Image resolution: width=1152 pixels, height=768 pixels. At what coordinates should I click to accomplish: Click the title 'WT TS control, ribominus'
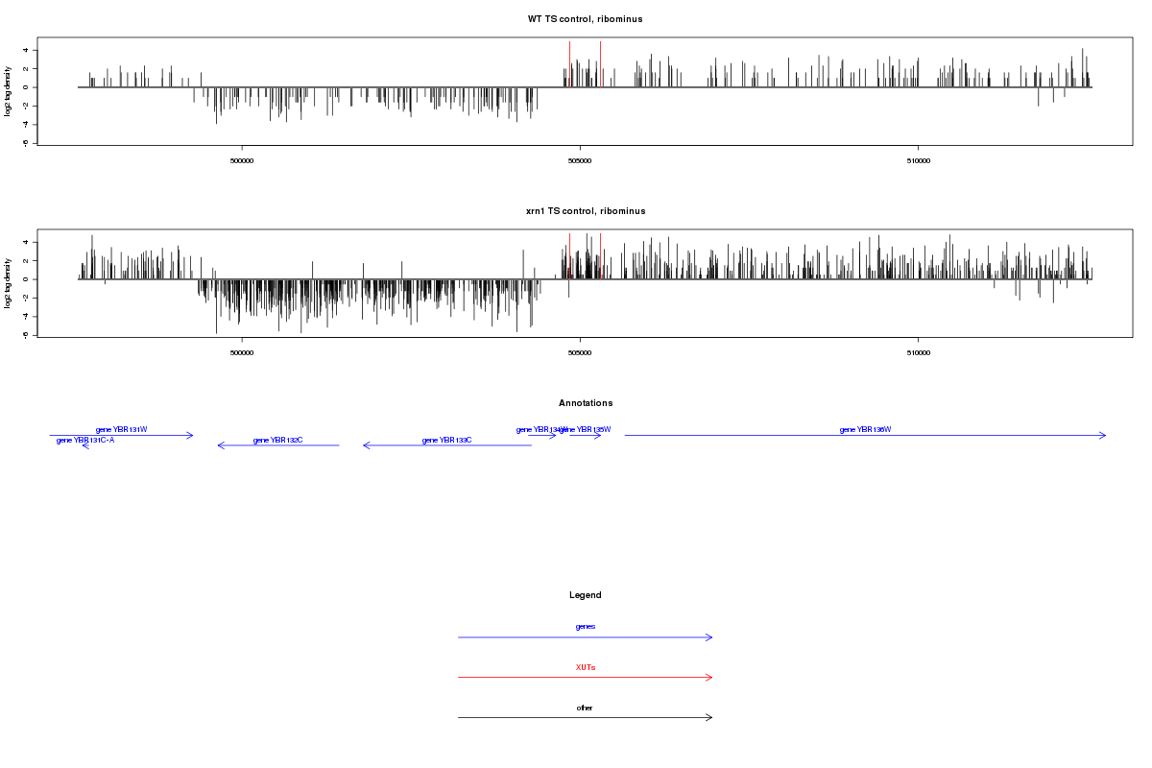point(585,19)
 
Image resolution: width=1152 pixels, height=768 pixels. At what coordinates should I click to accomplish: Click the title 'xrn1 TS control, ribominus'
point(585,211)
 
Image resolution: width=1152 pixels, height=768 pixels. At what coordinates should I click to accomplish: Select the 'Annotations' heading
point(586,403)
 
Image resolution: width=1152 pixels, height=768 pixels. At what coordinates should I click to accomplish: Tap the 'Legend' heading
point(586,595)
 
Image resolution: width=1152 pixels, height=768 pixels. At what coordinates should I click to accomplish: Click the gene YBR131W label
point(122,429)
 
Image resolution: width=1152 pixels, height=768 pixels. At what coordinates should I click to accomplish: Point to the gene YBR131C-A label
point(85,441)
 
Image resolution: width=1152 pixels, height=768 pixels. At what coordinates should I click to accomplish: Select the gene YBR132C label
point(278,440)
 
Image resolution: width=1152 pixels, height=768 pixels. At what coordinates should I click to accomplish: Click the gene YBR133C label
point(447,440)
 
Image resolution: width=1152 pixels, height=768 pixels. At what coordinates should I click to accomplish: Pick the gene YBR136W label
point(865,429)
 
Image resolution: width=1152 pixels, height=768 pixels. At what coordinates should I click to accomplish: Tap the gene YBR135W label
point(588,429)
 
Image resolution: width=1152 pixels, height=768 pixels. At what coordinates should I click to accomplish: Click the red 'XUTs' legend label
point(586,667)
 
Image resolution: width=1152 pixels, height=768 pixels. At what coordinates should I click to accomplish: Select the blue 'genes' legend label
point(586,627)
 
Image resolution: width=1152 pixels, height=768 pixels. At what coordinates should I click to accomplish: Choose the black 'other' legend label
point(586,708)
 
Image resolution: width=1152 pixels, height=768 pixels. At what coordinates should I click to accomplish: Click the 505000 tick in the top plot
point(580,160)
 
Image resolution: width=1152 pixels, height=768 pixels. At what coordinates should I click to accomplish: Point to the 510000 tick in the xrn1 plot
point(918,352)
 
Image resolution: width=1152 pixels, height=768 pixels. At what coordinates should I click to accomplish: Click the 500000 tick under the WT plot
point(242,160)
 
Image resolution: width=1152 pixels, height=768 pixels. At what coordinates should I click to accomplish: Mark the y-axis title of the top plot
point(9,91)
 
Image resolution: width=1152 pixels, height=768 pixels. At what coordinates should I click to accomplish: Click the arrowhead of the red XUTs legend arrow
point(710,677)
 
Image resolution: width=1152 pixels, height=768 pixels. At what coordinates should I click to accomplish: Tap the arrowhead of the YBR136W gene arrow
point(1104,435)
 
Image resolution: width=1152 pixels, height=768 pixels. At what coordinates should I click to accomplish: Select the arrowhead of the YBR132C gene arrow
point(220,445)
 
